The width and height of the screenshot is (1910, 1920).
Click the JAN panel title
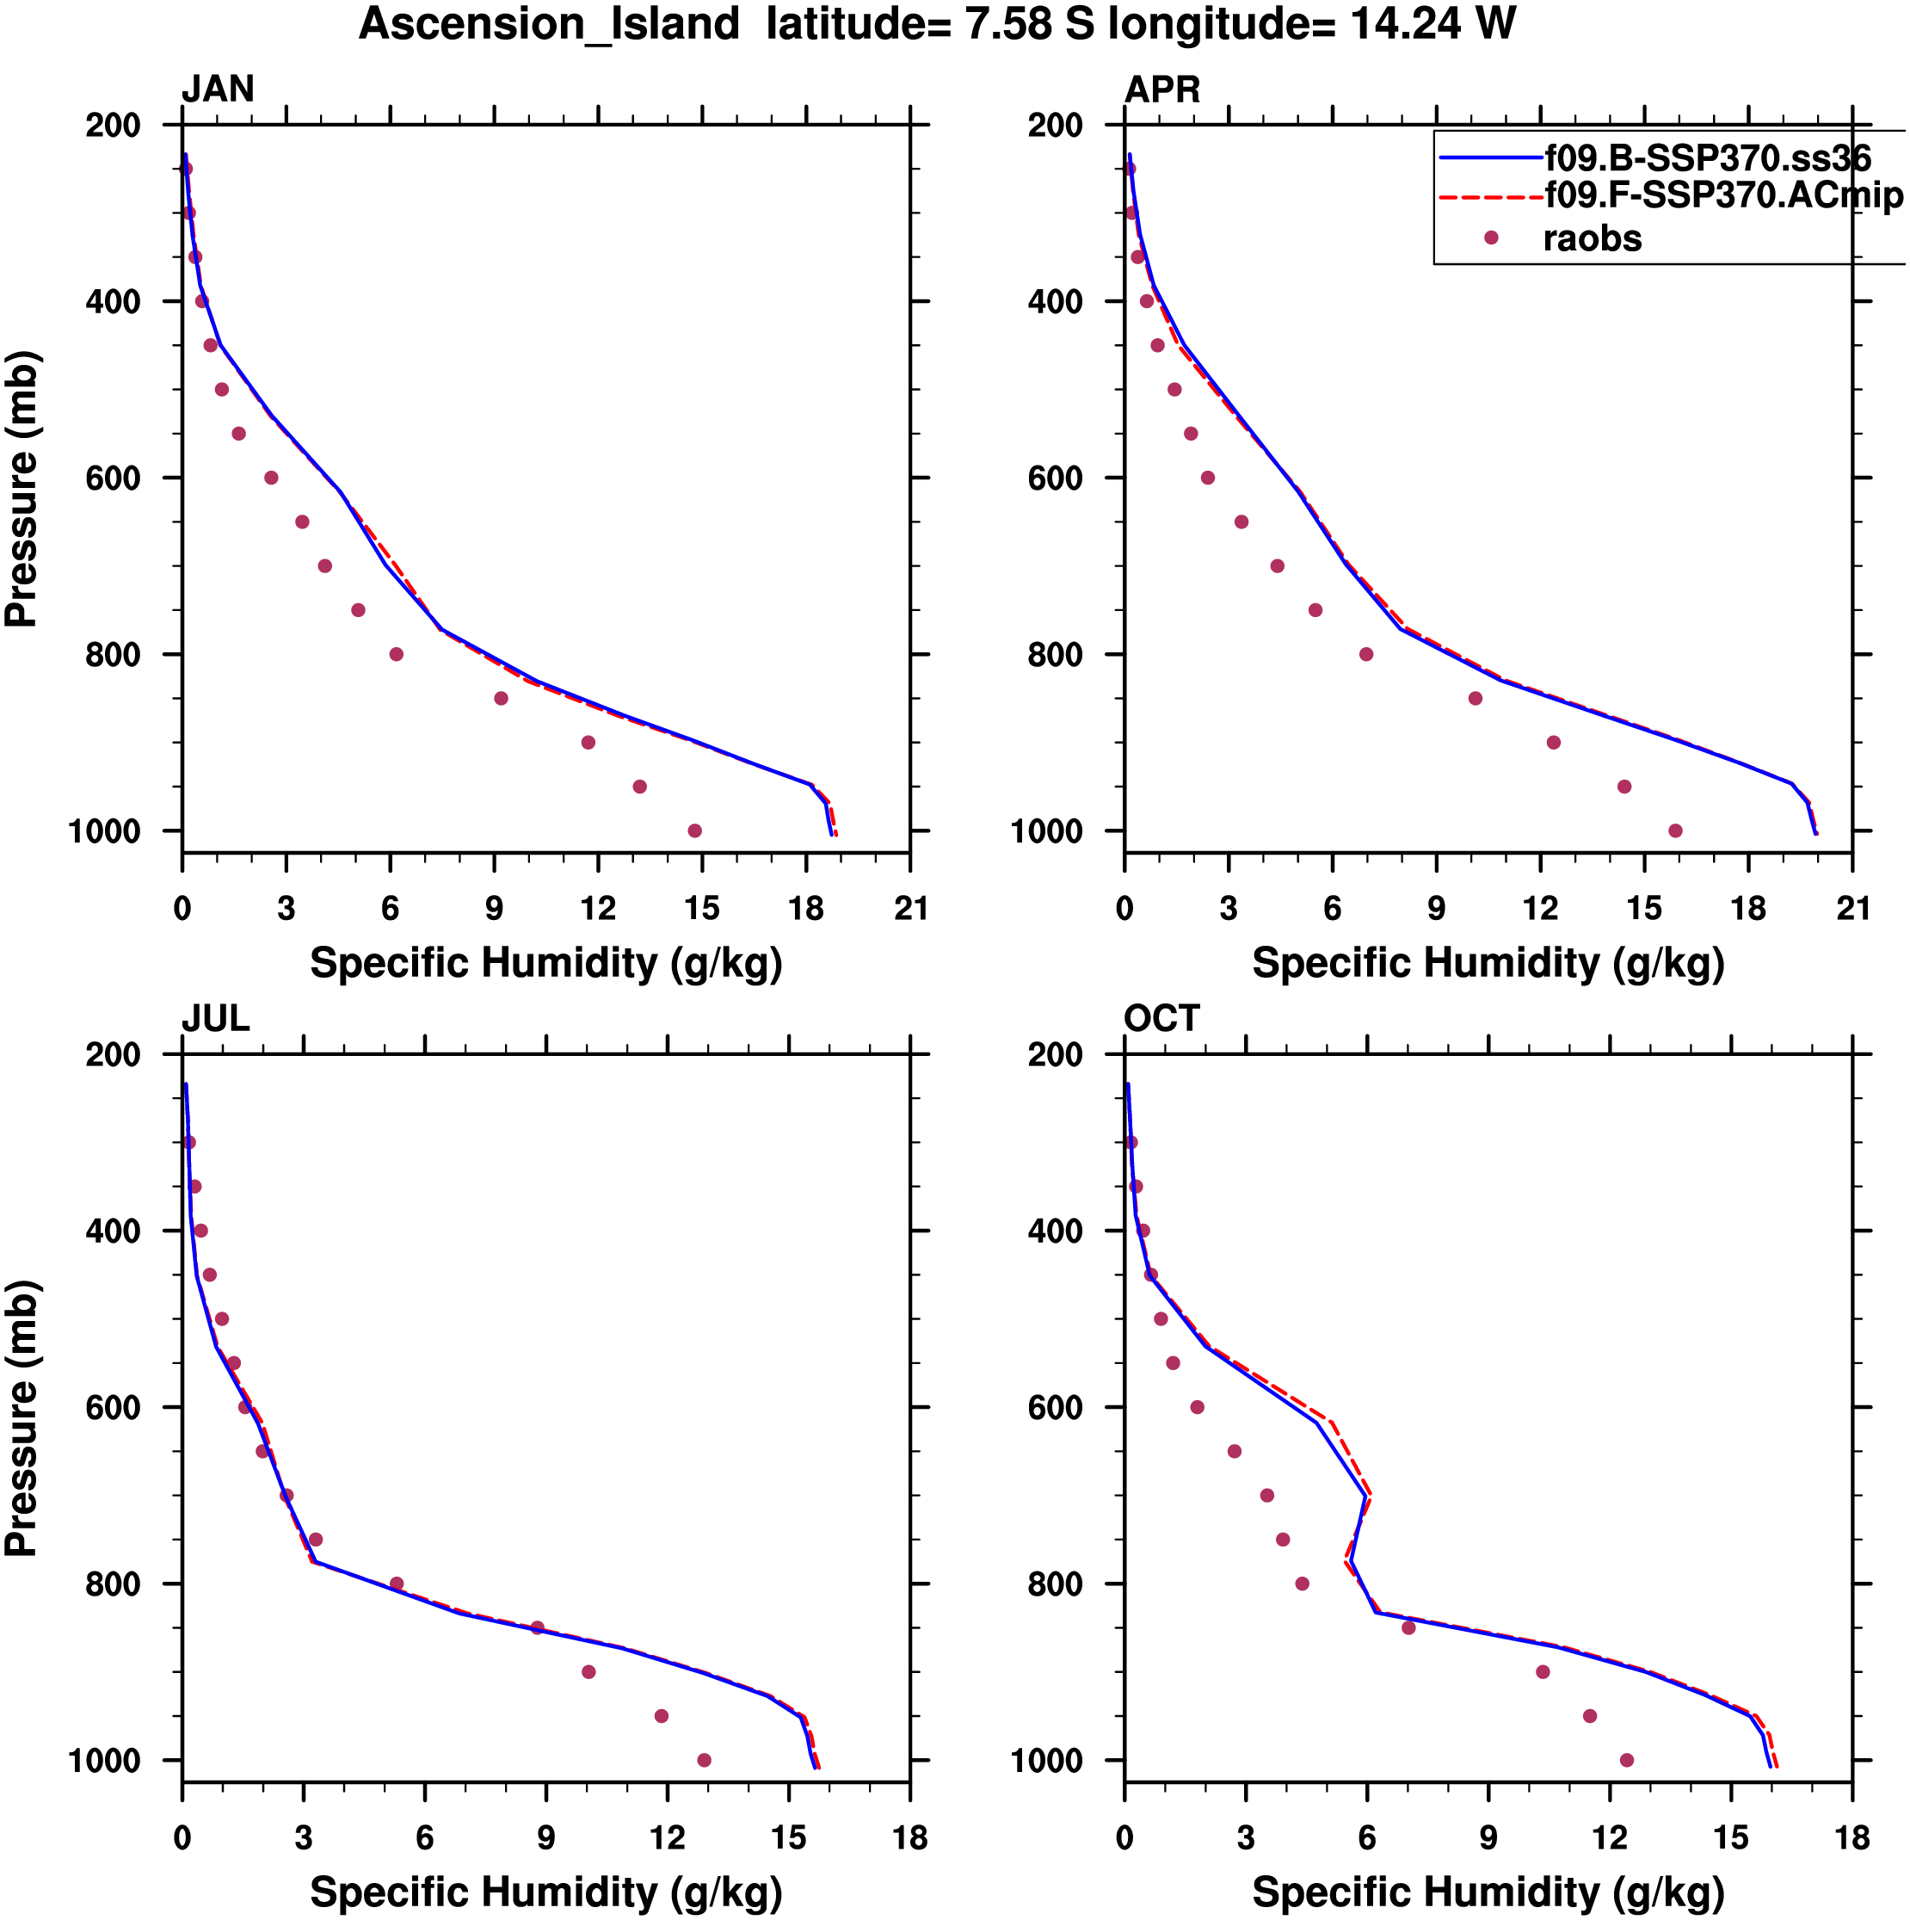pyautogui.click(x=218, y=90)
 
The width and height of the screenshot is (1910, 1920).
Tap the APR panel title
pyautogui.click(x=1161, y=90)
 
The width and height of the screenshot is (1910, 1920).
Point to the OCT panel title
pyautogui.click(x=1161, y=1019)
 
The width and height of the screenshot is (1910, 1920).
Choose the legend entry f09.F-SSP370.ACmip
pyautogui.click(x=1723, y=195)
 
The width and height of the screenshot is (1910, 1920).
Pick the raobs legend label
pyautogui.click(x=1592, y=238)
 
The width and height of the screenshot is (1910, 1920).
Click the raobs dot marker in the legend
pyautogui.click(x=1491, y=238)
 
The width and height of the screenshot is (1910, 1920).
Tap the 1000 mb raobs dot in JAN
pyautogui.click(x=694, y=830)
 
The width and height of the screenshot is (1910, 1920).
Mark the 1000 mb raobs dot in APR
pyautogui.click(x=1675, y=830)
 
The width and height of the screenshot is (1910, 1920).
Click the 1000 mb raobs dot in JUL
pyautogui.click(x=705, y=1760)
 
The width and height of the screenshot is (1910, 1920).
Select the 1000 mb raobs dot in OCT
pyautogui.click(x=1627, y=1760)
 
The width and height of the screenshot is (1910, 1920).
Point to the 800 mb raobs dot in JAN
pyautogui.click(x=397, y=654)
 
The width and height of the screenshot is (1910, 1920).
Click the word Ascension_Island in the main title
pyautogui.click(x=549, y=24)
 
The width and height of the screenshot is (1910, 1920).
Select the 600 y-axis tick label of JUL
pyautogui.click(x=113, y=1407)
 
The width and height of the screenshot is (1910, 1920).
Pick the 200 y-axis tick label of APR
pyautogui.click(x=1056, y=126)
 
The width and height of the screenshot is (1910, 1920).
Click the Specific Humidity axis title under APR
pyautogui.click(x=1488, y=963)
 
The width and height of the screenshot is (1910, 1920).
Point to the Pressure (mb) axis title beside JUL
pyautogui.click(x=22, y=1418)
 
